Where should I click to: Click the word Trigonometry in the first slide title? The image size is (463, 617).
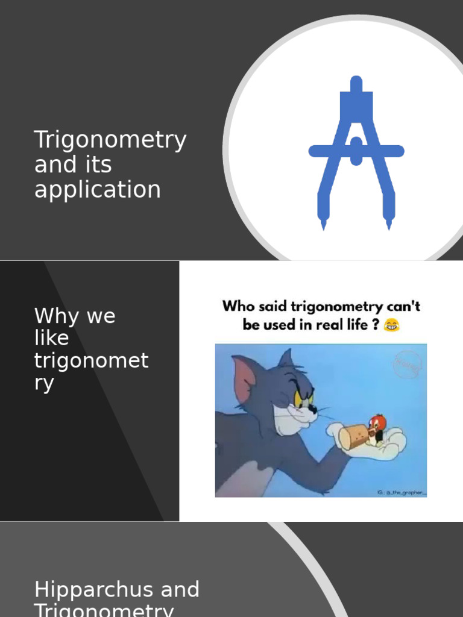pos(110,140)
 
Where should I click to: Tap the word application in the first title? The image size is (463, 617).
pos(98,190)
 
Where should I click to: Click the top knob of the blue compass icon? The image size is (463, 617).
pos(356,83)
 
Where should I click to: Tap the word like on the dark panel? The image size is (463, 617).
pos(52,339)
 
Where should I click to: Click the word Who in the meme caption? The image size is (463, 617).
pos(239,306)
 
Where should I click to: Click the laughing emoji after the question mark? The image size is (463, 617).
pos(392,326)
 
